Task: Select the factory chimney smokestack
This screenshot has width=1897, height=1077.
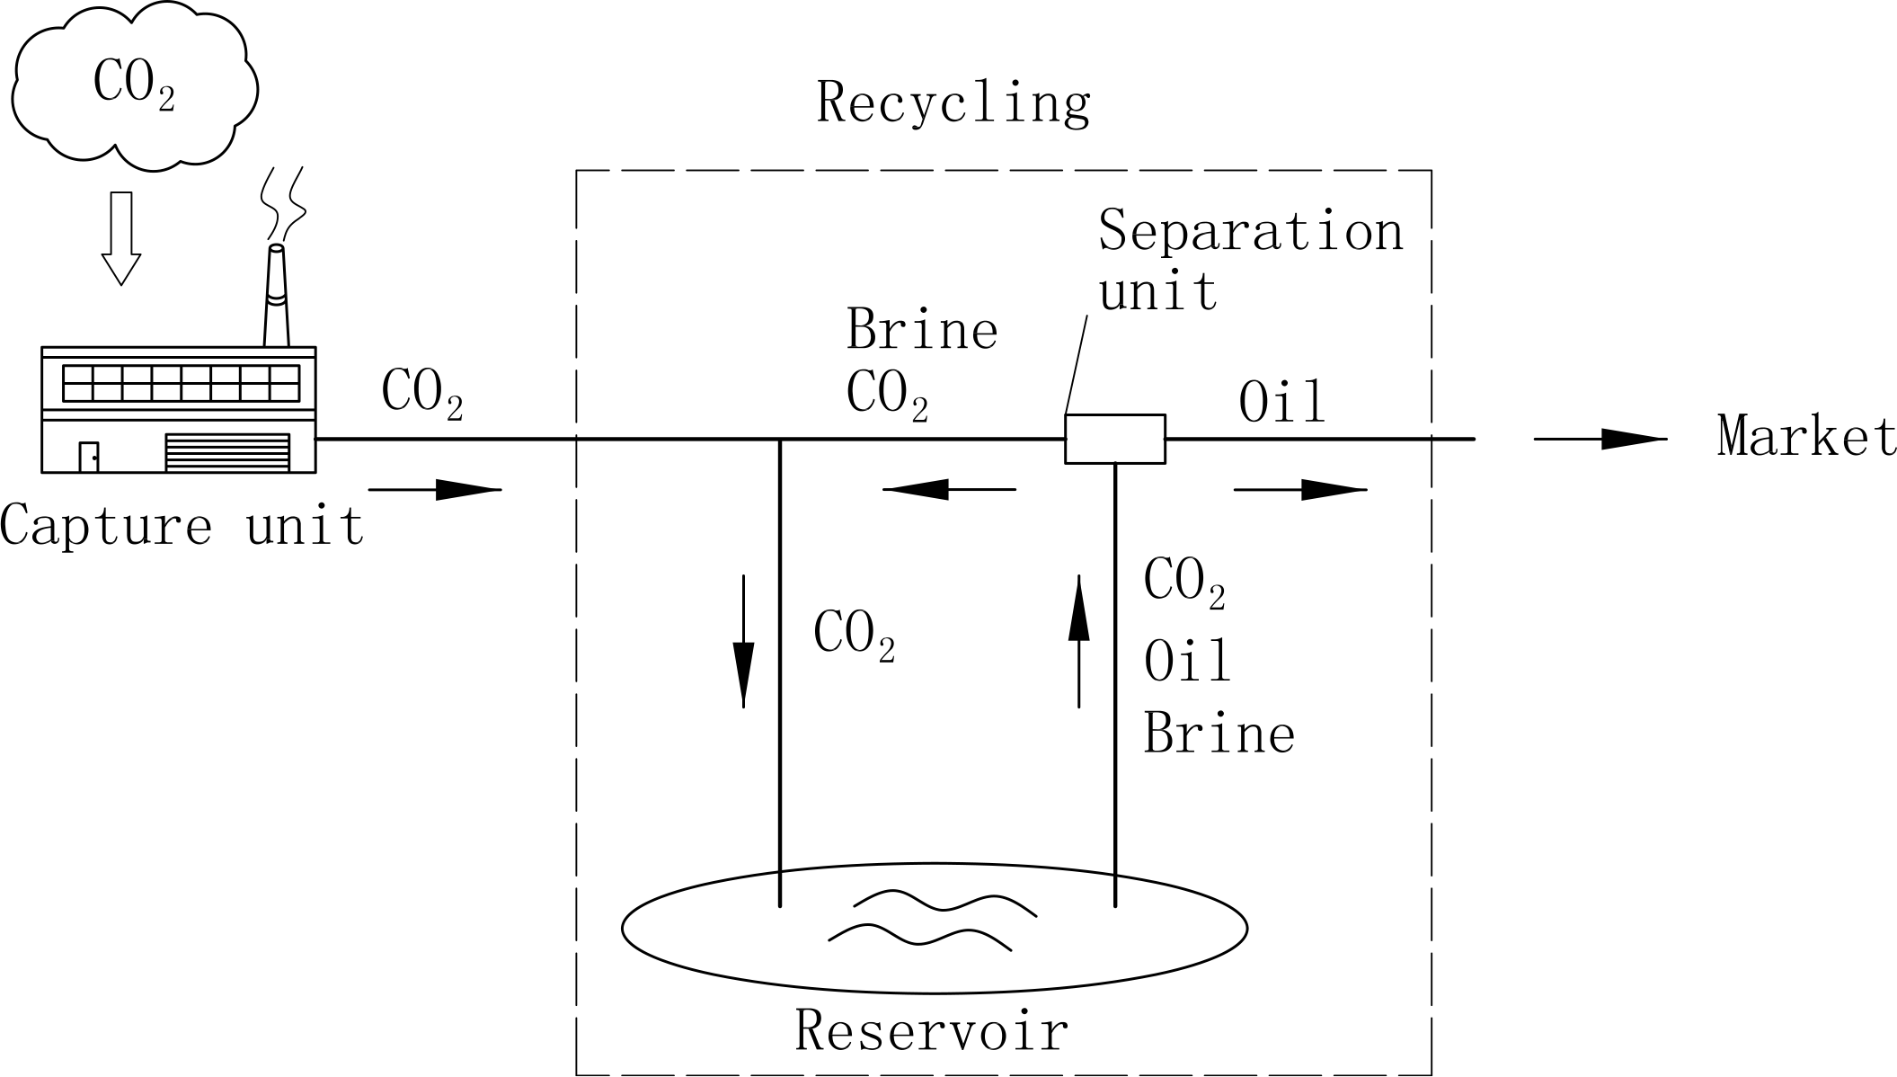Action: pos(276,297)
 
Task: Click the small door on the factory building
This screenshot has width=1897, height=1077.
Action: pos(88,457)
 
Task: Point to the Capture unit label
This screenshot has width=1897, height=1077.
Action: pos(182,526)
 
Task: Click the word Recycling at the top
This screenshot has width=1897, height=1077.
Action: pos(953,103)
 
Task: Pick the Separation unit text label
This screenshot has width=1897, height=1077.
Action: pos(1249,259)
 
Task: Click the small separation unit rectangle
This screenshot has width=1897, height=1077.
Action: pos(1114,439)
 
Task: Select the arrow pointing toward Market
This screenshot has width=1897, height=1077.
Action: pos(1600,439)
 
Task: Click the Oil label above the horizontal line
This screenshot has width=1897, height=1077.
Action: pos(1281,403)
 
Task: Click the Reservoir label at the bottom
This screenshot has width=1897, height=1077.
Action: pos(932,1030)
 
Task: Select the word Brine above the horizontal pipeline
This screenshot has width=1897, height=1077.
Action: pos(922,330)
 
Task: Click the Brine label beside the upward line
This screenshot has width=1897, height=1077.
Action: pos(1219,734)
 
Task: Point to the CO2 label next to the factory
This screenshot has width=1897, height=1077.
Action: pos(421,394)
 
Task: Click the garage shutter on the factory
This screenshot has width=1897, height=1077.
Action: pos(227,453)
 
